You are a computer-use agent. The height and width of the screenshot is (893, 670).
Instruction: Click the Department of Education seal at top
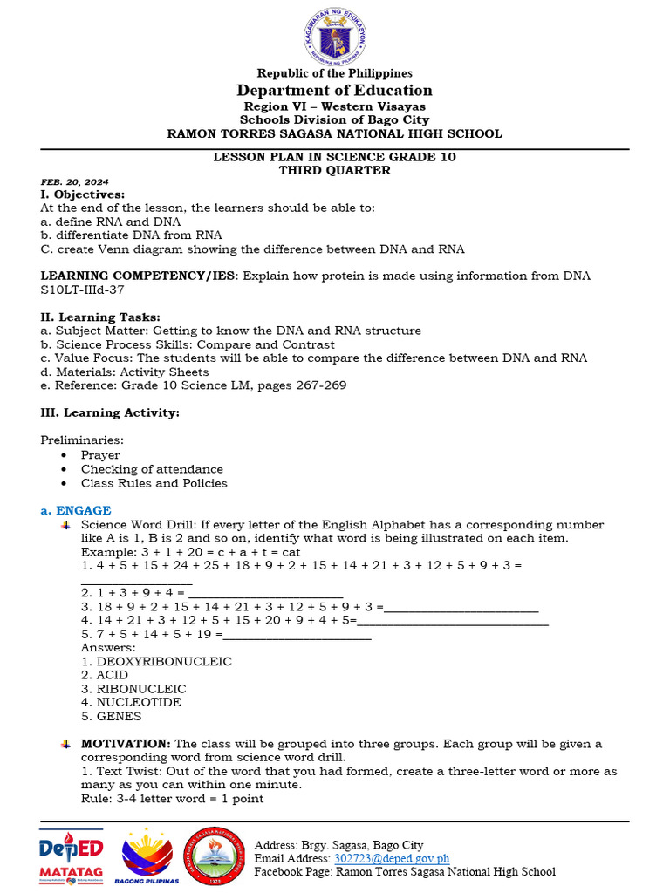(x=335, y=34)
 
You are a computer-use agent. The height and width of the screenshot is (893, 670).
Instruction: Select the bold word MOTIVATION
(x=126, y=744)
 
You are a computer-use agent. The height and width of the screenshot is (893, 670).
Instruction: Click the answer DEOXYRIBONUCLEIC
(x=156, y=661)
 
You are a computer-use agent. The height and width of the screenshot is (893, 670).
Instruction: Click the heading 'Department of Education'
(x=335, y=91)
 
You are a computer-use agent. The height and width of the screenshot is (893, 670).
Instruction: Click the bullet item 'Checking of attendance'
(x=152, y=469)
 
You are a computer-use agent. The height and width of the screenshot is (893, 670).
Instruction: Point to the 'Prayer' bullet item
(x=100, y=455)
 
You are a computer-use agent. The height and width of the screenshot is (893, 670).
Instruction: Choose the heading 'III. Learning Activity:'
(x=110, y=412)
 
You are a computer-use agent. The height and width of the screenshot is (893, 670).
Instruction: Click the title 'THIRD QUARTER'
(x=335, y=170)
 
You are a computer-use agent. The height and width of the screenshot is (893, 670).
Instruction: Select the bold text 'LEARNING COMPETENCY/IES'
(x=138, y=276)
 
